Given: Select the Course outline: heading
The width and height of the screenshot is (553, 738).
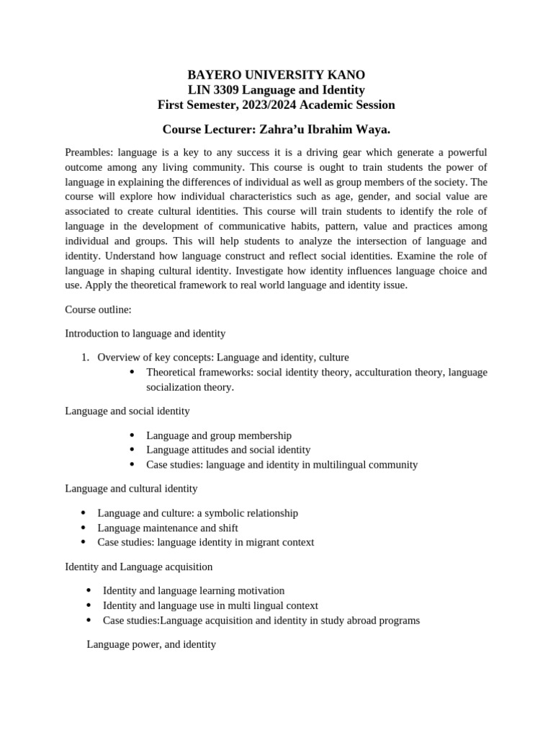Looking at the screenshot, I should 98,309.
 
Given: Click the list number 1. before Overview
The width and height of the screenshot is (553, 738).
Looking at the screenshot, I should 84,357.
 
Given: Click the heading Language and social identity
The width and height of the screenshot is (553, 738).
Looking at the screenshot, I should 127,411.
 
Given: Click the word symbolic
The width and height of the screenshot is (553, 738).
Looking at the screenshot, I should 218,513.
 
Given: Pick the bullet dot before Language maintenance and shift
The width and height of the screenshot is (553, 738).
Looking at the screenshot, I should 84,528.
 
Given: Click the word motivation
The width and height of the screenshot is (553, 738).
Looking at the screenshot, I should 259,590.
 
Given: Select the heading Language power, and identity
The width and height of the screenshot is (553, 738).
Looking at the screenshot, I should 151,644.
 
